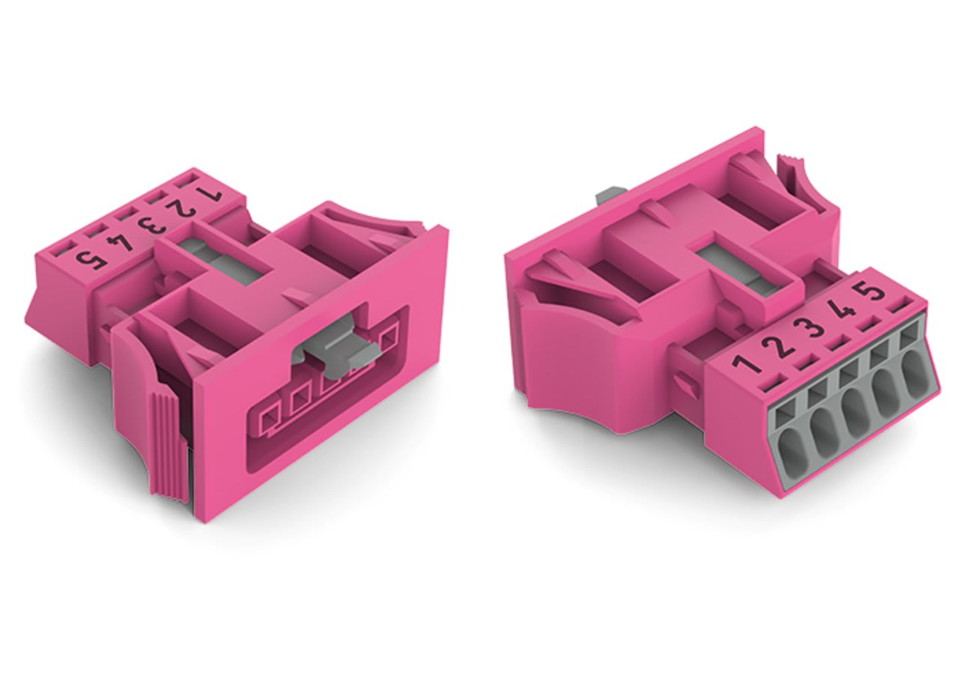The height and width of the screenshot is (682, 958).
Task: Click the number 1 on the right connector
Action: tap(746, 363)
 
